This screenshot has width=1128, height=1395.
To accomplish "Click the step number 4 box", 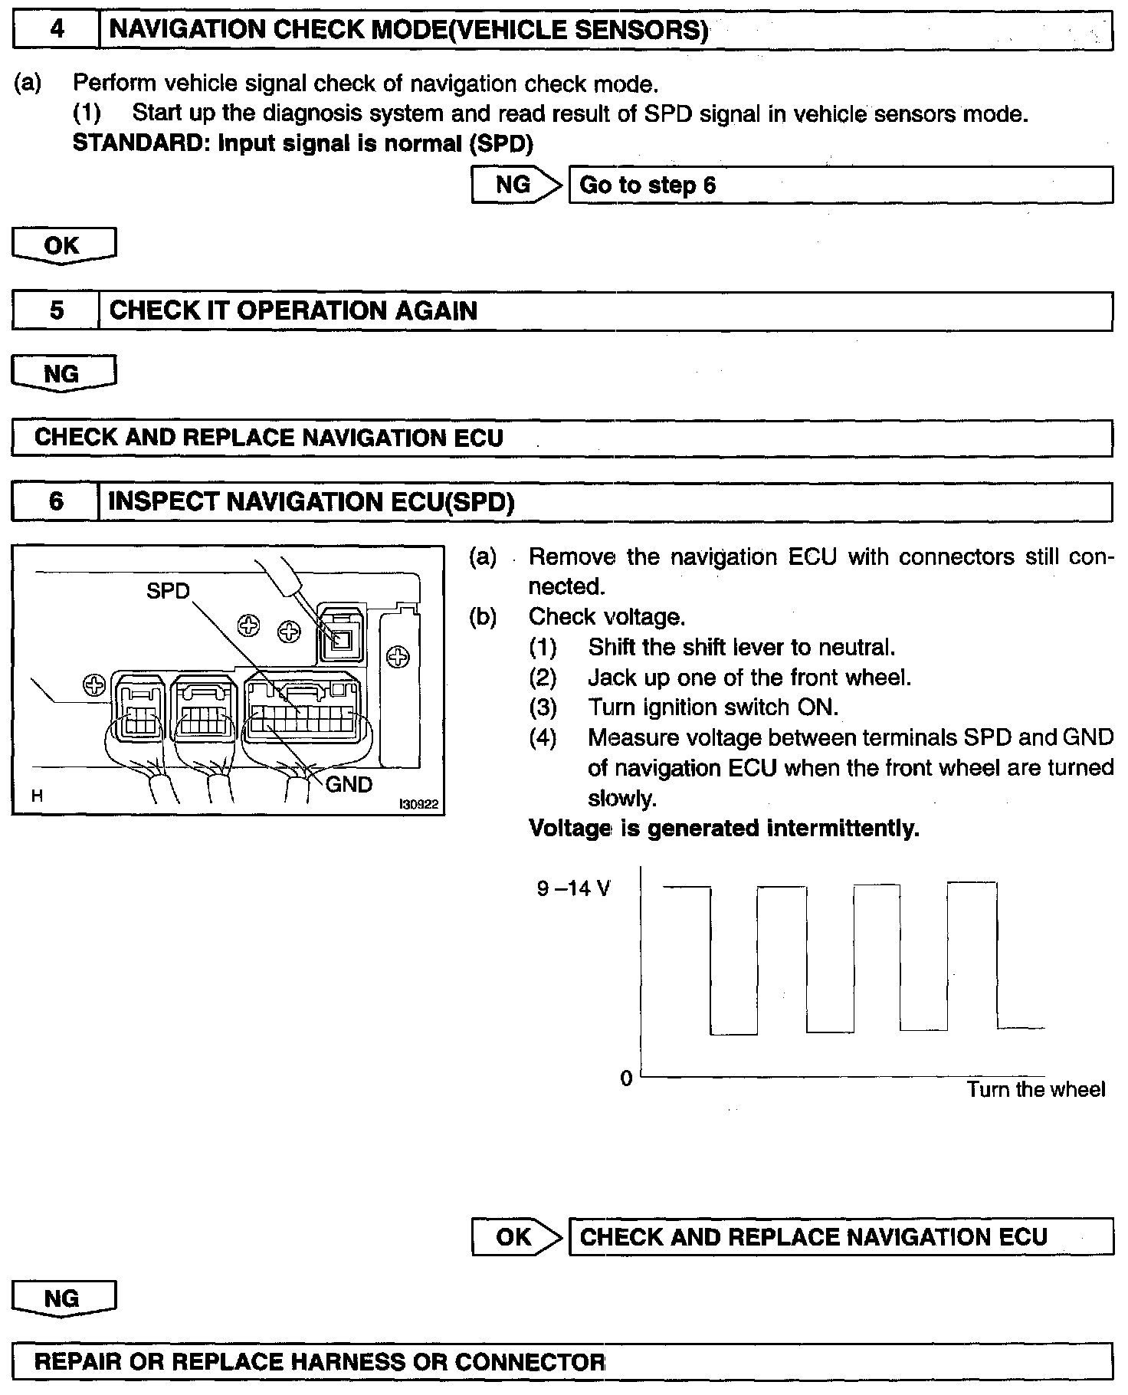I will (x=56, y=30).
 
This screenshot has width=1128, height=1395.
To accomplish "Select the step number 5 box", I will (x=56, y=310).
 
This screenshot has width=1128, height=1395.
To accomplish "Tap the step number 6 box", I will (x=56, y=501).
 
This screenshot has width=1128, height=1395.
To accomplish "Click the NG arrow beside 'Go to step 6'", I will (x=515, y=185).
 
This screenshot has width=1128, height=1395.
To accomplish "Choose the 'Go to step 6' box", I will (x=840, y=185).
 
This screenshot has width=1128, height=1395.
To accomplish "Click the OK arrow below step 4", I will (x=64, y=245).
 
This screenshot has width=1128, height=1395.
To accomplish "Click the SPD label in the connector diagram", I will (x=168, y=591).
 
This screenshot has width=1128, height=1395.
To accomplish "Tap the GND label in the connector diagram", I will (x=349, y=784).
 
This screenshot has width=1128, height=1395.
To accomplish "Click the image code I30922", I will (x=418, y=804).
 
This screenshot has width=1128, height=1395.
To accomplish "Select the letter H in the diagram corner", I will (x=37, y=796).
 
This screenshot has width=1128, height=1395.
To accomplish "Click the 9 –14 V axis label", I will (x=574, y=889).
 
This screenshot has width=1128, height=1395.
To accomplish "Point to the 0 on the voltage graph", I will (x=626, y=1078).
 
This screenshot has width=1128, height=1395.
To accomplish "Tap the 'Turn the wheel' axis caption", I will (x=1035, y=1089).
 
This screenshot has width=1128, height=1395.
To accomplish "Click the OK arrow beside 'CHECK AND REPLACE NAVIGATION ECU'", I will (x=515, y=1236).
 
